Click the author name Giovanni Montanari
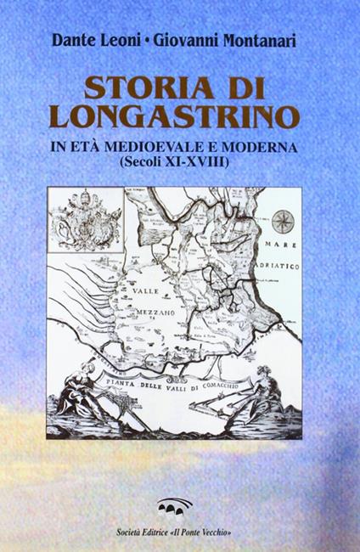(222, 40)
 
